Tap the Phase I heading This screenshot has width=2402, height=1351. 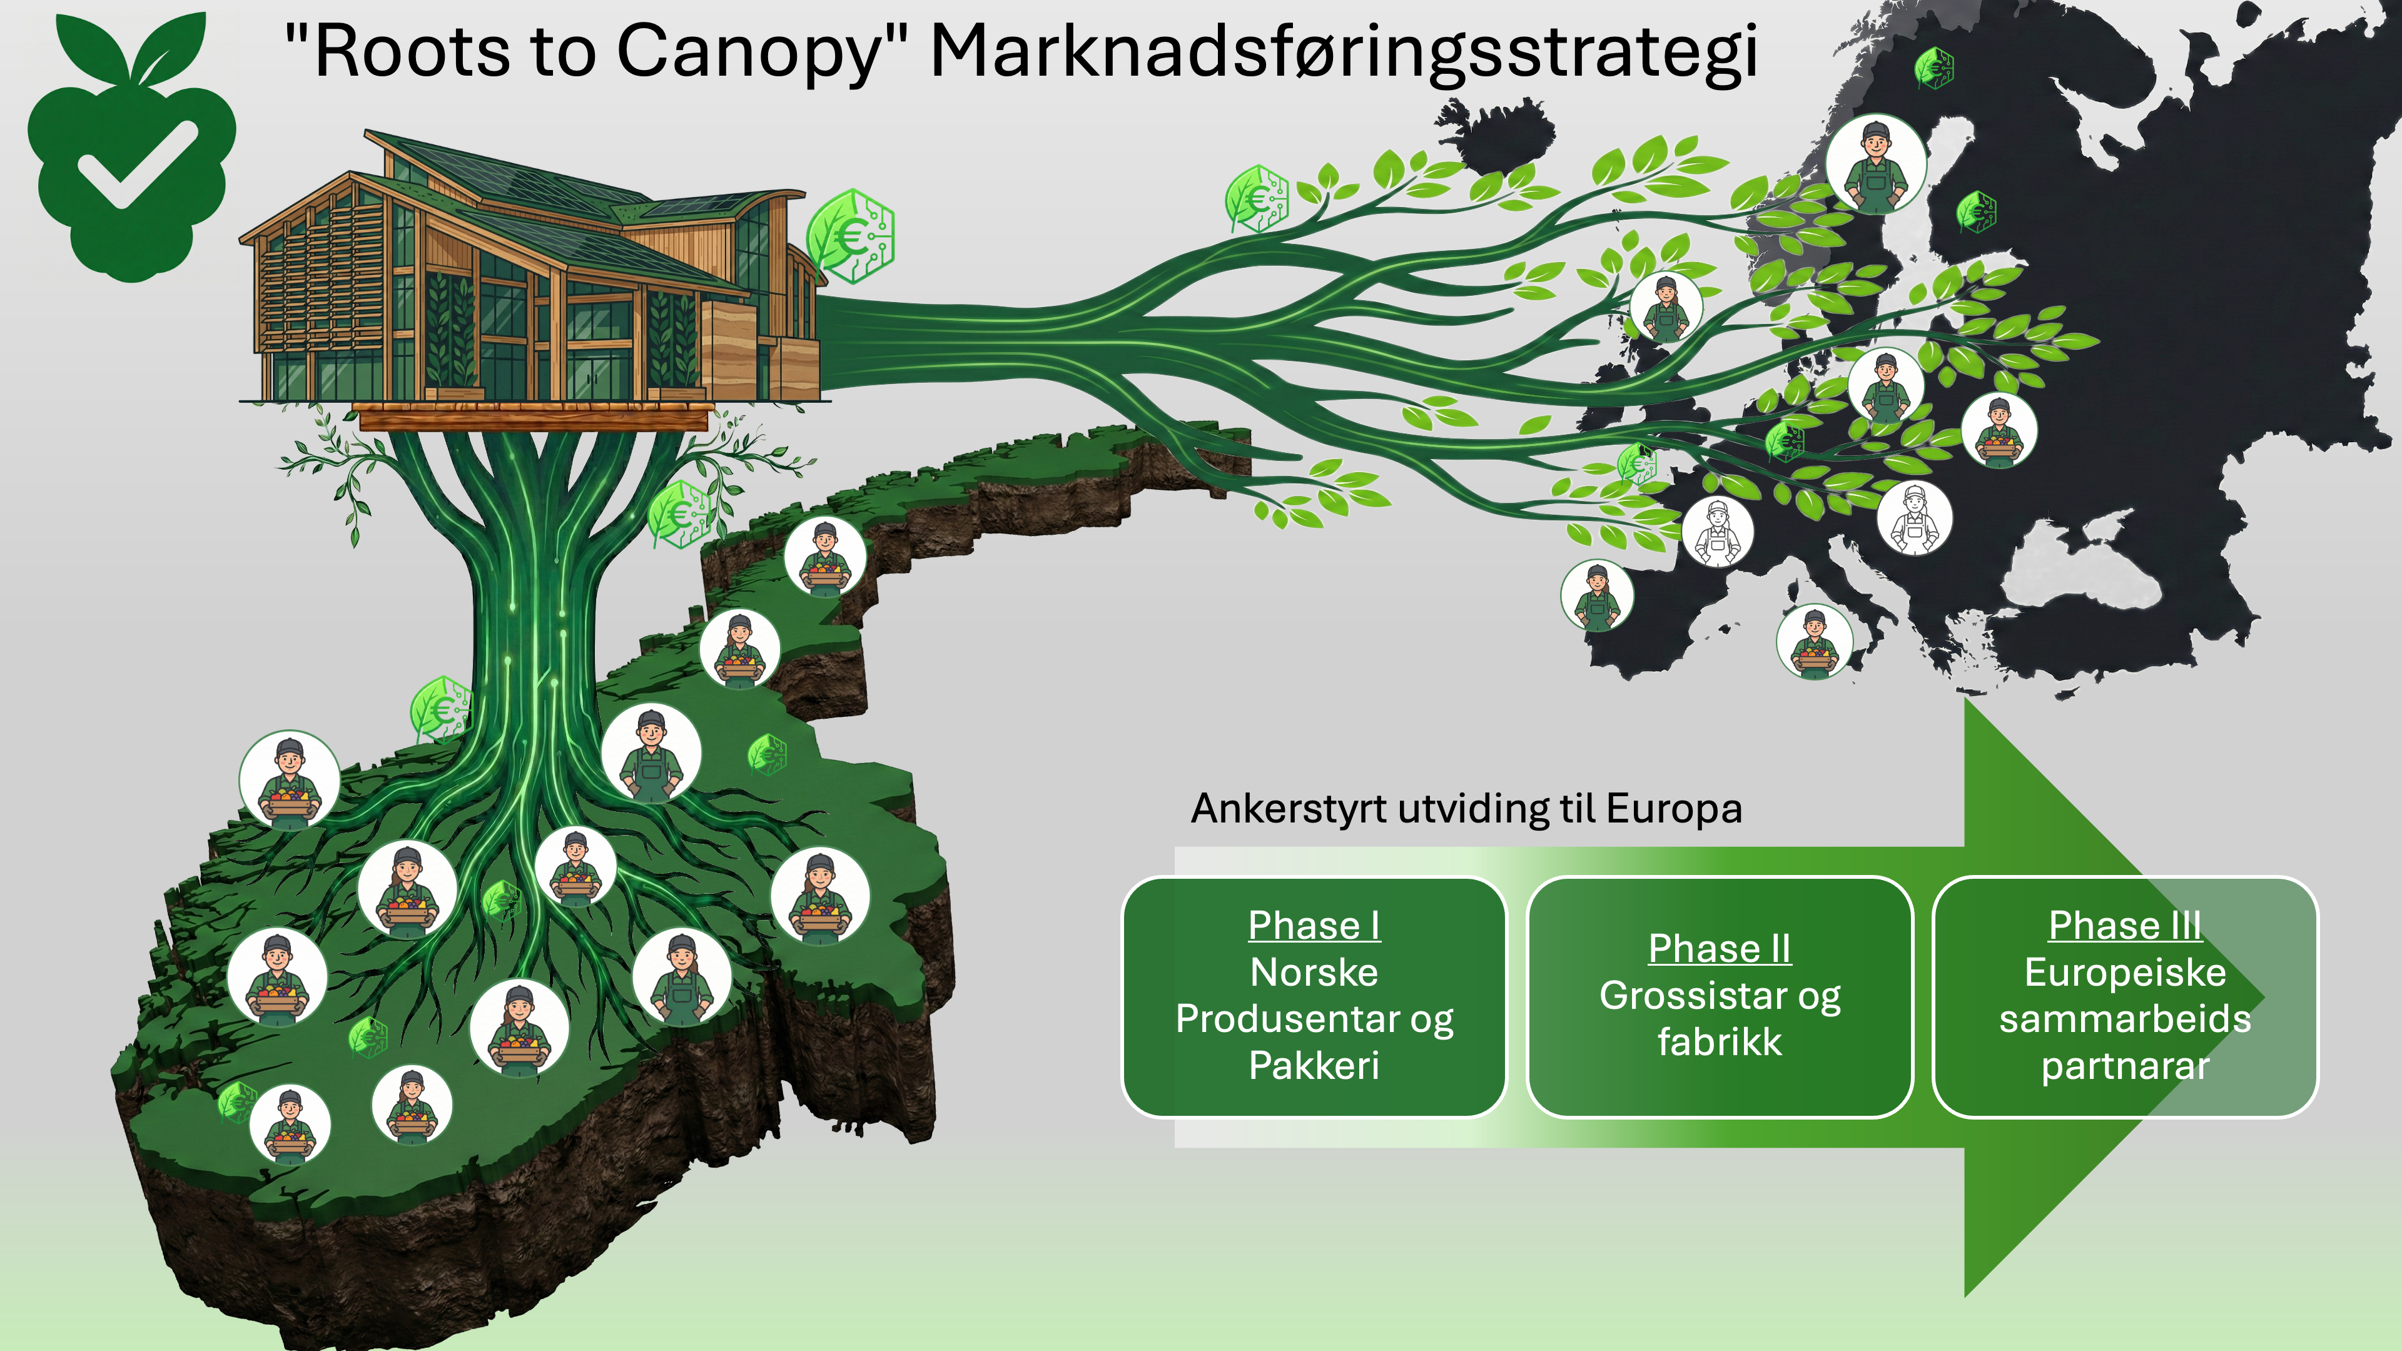[x=1314, y=926]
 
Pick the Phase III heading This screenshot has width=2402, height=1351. [x=2124, y=926]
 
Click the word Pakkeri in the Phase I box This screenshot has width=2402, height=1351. [x=1314, y=1066]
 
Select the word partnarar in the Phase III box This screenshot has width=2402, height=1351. [x=2125, y=1066]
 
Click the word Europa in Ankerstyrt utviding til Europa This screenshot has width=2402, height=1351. [x=1674, y=808]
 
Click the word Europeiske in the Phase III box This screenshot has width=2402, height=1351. [x=2125, y=973]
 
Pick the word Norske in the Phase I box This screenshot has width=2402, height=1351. [x=1314, y=973]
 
